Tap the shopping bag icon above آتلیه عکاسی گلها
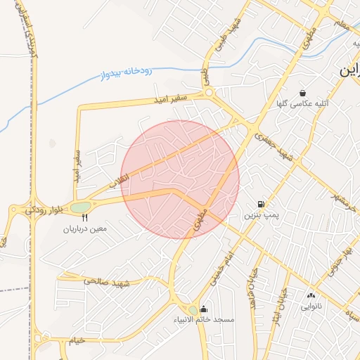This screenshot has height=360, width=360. tap(302, 93)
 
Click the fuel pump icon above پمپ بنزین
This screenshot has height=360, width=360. tap(262, 204)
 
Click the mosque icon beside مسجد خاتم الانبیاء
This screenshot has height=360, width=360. tap(204, 309)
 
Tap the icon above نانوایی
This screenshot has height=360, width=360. tap(311, 295)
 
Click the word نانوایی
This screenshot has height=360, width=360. tap(311, 307)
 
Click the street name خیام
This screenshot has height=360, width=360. tap(77, 340)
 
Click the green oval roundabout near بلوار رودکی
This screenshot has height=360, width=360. tap(80, 207)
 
